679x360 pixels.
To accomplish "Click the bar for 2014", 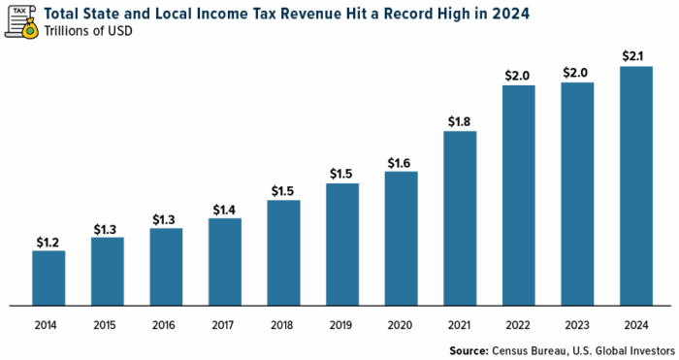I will [x=48, y=278].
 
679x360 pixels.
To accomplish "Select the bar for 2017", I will [x=225, y=261].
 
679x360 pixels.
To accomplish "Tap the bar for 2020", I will [x=401, y=238].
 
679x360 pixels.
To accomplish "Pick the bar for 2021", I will [x=460, y=217].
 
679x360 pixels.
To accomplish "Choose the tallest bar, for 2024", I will [x=636, y=184].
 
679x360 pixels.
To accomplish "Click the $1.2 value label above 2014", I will [x=48, y=242].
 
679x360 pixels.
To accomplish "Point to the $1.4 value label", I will [x=225, y=209].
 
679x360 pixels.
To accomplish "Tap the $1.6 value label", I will [x=401, y=162].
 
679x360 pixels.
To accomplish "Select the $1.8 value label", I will [x=460, y=121].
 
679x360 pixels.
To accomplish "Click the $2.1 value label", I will [x=636, y=56].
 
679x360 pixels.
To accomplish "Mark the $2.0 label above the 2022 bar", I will [x=519, y=76].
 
